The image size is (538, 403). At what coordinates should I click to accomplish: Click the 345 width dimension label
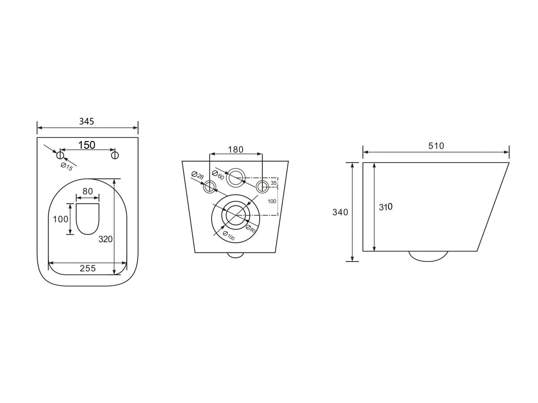(x=87, y=121)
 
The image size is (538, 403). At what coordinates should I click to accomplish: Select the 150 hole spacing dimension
(x=87, y=145)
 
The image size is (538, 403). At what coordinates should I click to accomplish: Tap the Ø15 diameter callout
(x=67, y=167)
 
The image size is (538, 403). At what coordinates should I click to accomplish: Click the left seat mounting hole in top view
(x=60, y=155)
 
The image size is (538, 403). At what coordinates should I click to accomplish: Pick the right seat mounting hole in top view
(x=115, y=155)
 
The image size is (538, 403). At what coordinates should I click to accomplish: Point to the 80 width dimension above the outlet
(x=88, y=191)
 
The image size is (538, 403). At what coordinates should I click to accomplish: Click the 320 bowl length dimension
(x=105, y=239)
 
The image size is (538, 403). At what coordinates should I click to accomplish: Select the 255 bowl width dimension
(x=87, y=268)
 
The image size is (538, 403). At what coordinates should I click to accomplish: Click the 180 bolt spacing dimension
(x=235, y=150)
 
